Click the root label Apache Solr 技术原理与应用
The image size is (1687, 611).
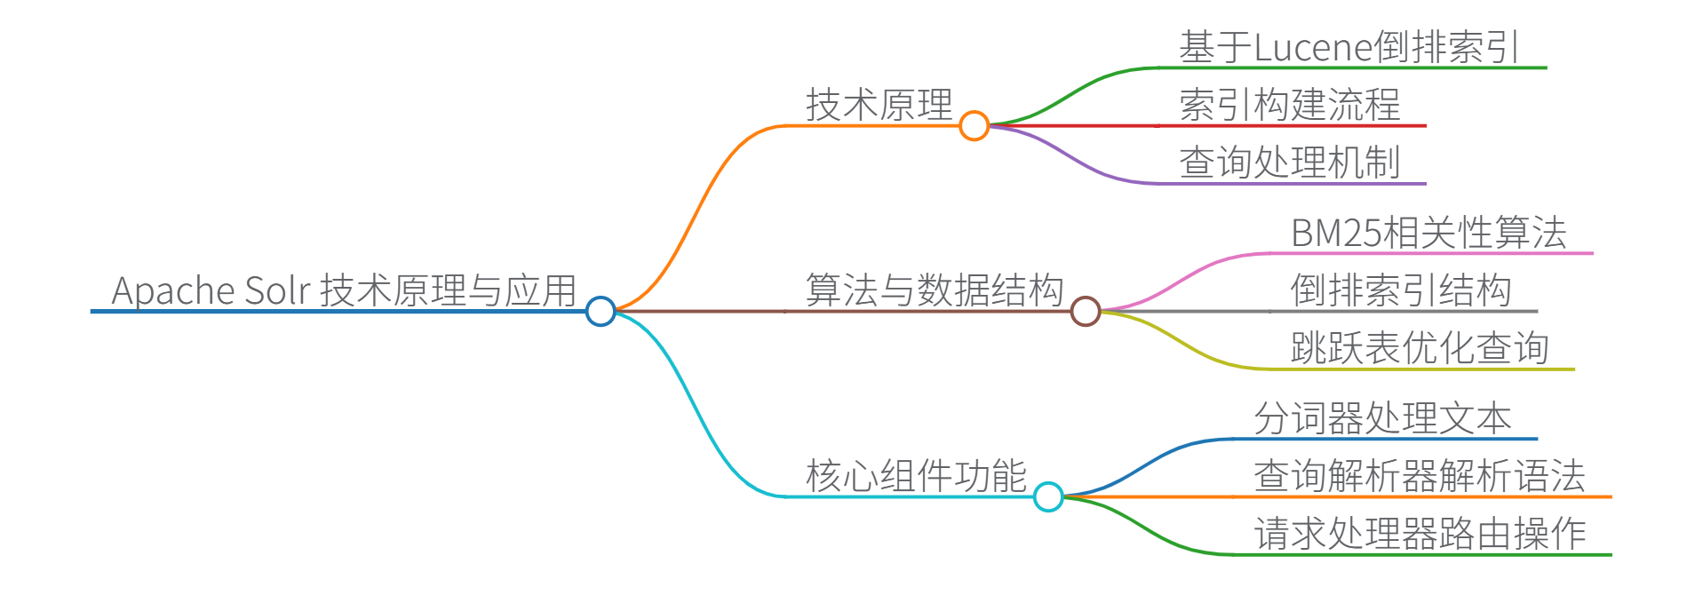point(344,290)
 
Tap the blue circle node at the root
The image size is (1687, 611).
point(601,311)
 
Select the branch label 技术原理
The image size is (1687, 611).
point(879,105)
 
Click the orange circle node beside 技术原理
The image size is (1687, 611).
point(974,125)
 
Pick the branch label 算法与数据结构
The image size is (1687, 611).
point(934,290)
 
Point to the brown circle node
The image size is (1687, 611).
point(1085,311)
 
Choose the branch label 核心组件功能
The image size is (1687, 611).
point(916,476)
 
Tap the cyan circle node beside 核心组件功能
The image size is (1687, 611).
point(1048,496)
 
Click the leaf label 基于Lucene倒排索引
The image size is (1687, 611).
point(1349,47)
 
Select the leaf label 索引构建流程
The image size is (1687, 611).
point(1289,105)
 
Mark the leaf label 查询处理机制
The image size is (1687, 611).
point(1289,163)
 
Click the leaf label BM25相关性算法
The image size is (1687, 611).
point(1428,233)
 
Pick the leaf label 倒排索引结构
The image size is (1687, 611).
point(1401,290)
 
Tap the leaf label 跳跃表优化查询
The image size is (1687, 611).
point(1420,348)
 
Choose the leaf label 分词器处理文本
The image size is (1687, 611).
point(1382,418)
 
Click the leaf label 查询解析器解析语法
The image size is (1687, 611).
point(1420,476)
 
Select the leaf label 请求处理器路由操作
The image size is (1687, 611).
point(1420,534)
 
